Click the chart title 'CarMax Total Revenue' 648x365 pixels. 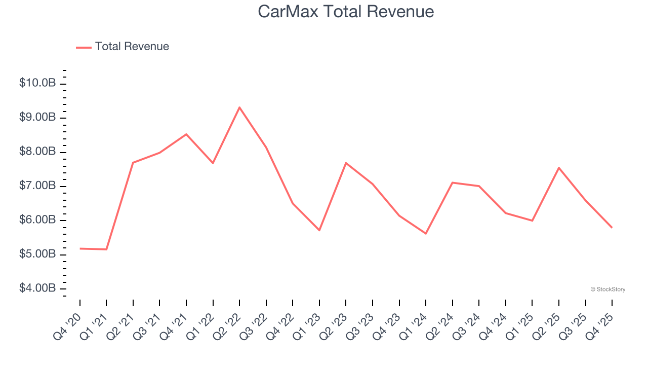click(x=346, y=12)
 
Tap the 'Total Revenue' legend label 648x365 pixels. click(x=132, y=47)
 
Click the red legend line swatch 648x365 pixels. click(x=84, y=47)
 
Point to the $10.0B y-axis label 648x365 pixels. click(x=37, y=83)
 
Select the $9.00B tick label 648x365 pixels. click(x=37, y=117)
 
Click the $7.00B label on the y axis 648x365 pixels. click(x=37, y=186)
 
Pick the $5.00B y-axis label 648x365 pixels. click(x=37, y=254)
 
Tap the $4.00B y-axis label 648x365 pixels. click(x=37, y=288)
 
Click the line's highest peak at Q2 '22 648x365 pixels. click(x=239, y=107)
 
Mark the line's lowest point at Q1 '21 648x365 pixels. click(x=106, y=249)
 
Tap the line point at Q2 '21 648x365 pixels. click(x=133, y=163)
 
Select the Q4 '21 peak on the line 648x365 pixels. click(x=186, y=134)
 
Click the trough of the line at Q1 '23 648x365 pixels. click(x=319, y=230)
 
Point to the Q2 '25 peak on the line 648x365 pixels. click(x=559, y=168)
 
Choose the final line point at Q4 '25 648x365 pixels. click(x=612, y=227)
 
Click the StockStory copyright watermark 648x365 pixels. click(x=607, y=289)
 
